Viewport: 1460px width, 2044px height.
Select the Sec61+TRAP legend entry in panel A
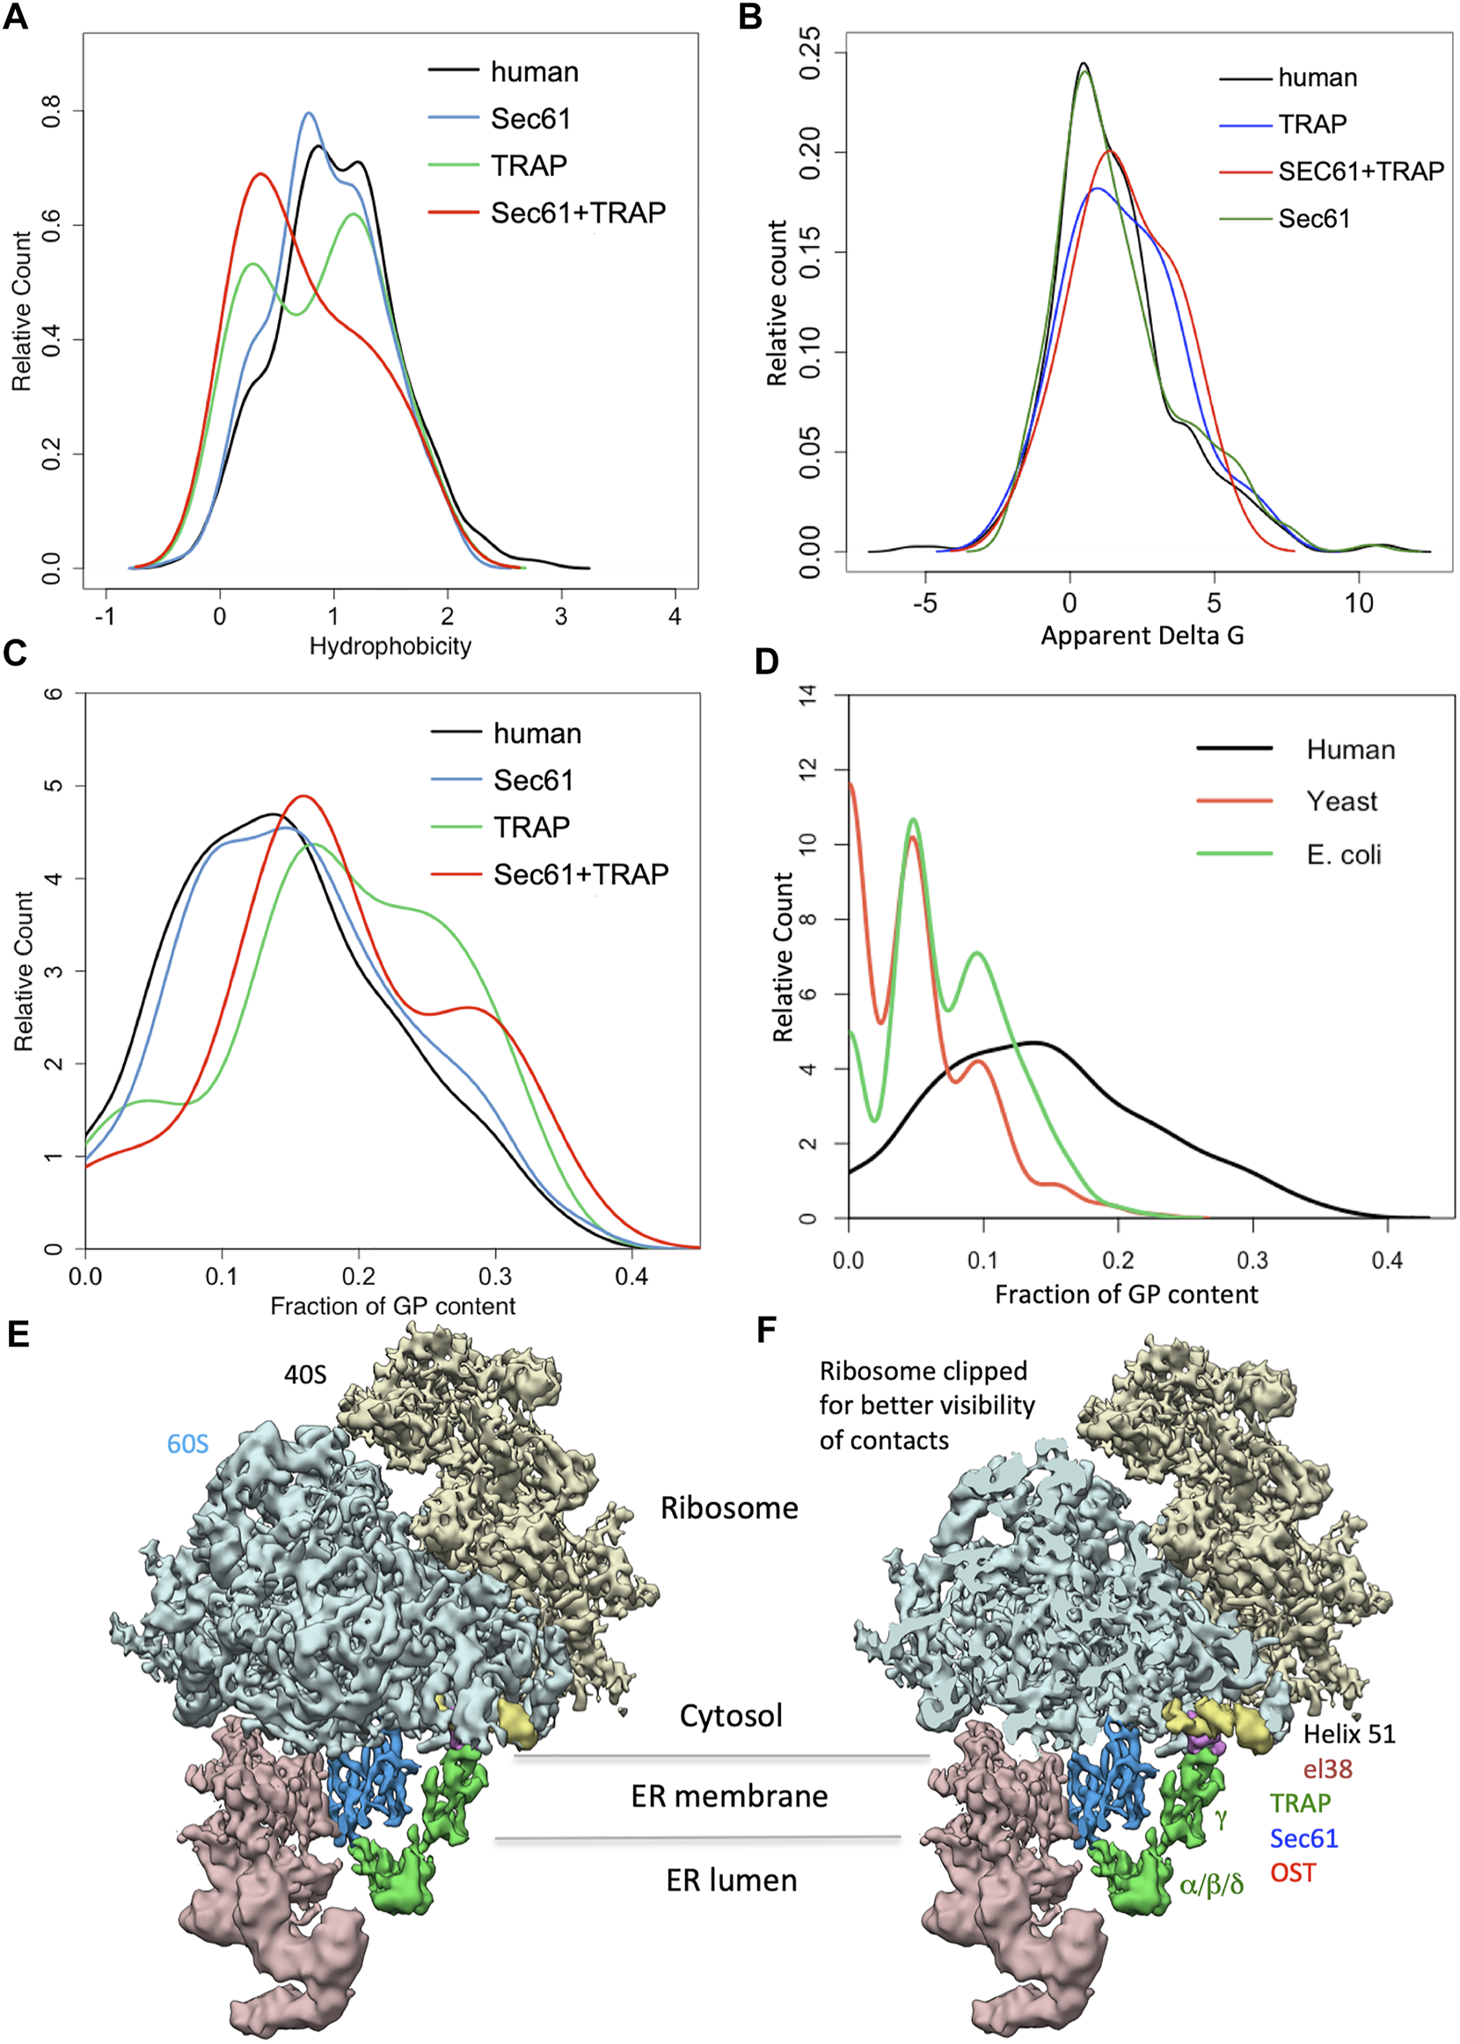point(577,213)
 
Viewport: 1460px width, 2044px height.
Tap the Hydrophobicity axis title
point(391,646)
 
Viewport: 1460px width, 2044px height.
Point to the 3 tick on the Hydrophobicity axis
point(561,617)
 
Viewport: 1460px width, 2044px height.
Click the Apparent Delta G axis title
point(1142,636)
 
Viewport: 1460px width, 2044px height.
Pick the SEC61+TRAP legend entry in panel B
point(1361,171)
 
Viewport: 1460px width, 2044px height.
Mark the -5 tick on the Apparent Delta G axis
point(924,603)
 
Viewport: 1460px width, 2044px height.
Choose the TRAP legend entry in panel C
point(531,827)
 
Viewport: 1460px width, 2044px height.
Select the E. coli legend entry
point(1343,854)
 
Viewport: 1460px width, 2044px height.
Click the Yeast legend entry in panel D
point(1341,801)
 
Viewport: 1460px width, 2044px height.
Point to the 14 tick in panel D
point(808,694)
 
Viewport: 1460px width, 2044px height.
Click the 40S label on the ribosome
point(305,1375)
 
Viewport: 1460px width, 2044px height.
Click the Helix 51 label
point(1349,1734)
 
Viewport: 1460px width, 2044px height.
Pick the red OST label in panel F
point(1293,1873)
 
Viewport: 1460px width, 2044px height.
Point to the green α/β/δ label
point(1211,1884)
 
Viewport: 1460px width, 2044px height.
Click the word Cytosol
point(731,1716)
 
